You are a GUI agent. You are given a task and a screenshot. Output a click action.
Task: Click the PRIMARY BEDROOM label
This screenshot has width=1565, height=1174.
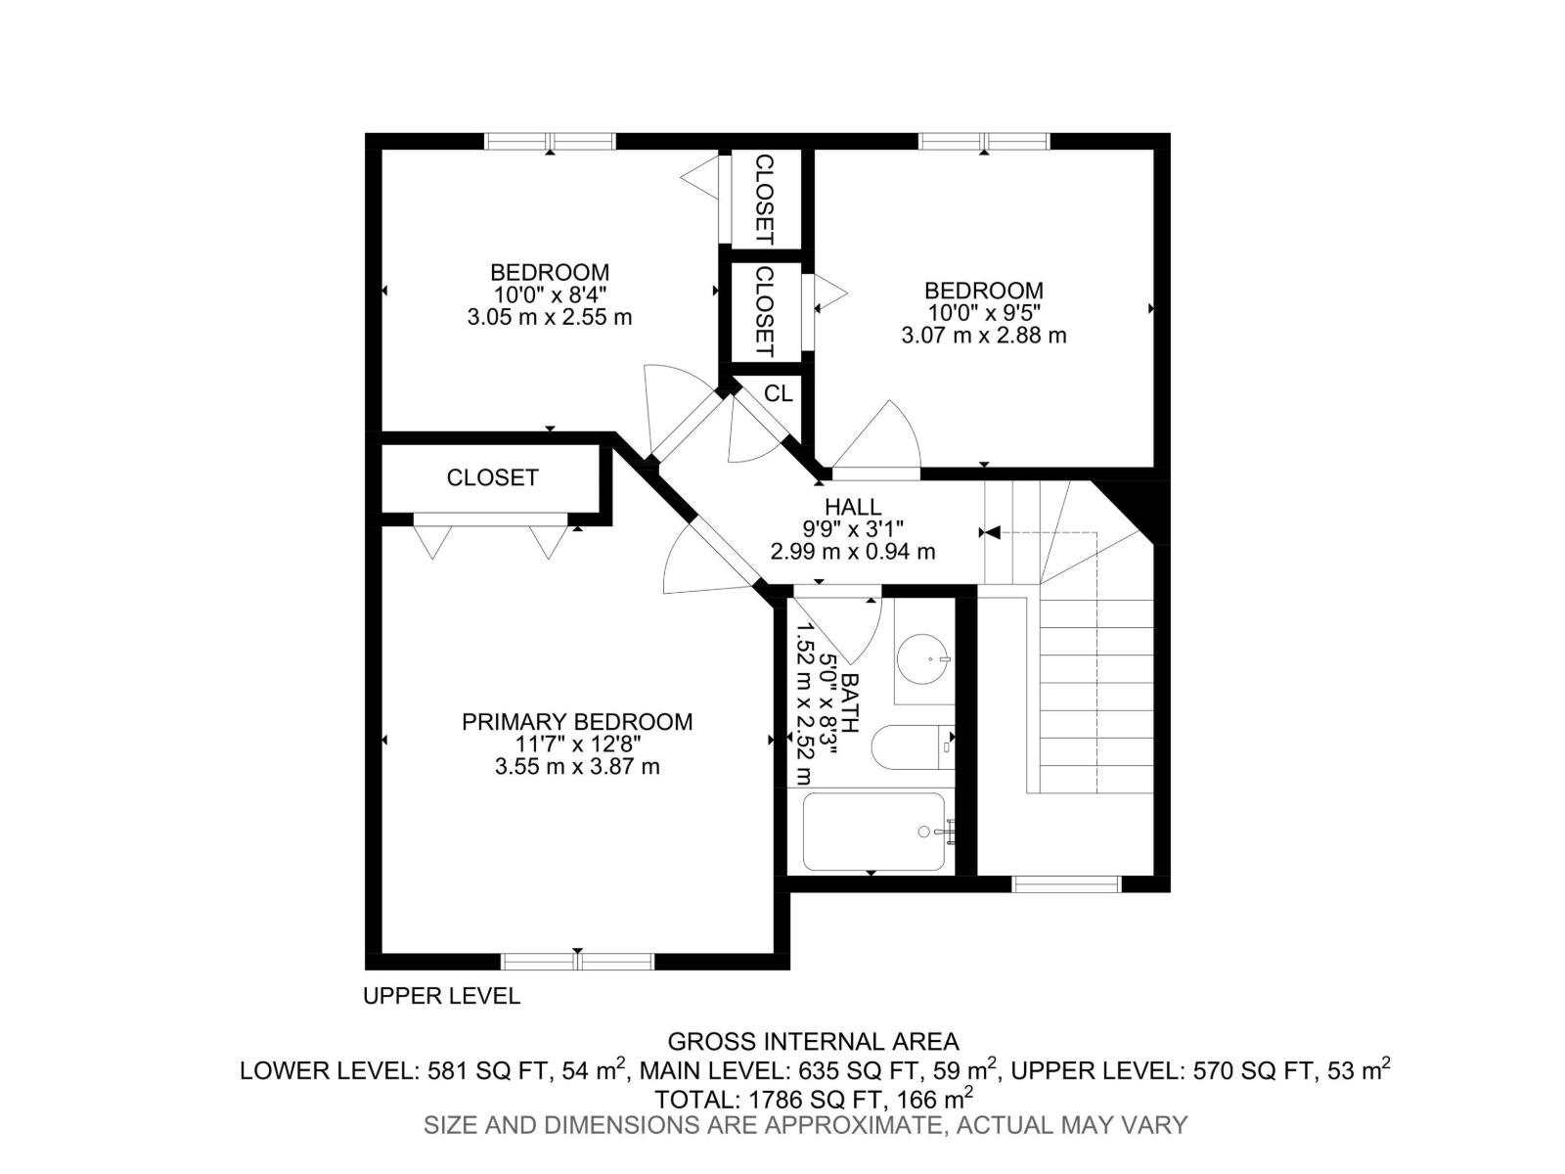[577, 722]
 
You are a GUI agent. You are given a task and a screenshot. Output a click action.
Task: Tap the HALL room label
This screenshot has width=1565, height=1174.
[852, 507]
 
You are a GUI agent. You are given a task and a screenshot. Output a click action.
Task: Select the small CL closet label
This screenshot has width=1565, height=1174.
[779, 393]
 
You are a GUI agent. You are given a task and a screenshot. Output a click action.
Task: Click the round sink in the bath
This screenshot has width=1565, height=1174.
[923, 659]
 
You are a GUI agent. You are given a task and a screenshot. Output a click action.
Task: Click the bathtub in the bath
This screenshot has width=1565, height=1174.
[873, 832]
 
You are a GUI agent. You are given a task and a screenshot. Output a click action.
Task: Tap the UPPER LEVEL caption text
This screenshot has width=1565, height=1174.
[441, 996]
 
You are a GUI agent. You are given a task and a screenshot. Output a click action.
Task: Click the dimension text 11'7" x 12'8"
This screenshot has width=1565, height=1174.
[577, 745]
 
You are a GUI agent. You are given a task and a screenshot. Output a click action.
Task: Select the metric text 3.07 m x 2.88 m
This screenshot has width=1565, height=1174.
[983, 336]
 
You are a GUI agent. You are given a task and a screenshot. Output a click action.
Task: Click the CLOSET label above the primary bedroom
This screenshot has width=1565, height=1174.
[492, 477]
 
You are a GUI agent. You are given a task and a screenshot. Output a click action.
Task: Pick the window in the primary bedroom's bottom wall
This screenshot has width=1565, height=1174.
[577, 961]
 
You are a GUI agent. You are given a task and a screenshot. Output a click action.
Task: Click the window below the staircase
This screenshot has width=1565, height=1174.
[1065, 884]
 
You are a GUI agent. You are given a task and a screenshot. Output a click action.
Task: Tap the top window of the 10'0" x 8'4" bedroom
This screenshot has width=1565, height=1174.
[550, 141]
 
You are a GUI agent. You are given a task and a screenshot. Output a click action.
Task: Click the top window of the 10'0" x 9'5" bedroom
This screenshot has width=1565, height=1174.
[984, 141]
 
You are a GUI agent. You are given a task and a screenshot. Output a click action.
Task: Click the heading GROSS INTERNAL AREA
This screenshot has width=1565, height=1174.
[813, 1042]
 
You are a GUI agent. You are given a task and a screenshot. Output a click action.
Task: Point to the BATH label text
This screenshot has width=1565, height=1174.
[850, 702]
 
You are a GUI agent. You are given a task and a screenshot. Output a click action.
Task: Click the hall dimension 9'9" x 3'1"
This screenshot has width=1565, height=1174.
[852, 529]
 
